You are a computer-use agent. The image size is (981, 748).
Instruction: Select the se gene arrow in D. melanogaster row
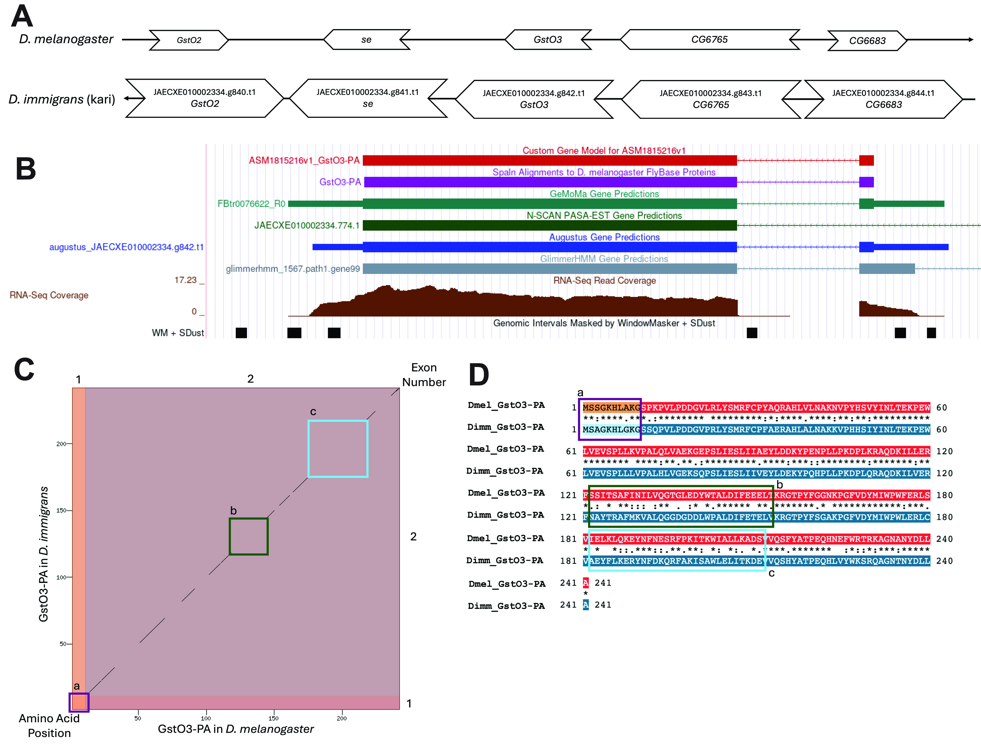[366, 40]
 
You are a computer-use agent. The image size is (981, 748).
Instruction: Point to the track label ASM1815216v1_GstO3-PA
[304, 160]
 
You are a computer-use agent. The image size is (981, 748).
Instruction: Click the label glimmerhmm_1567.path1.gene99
[293, 269]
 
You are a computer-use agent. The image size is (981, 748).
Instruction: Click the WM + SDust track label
[178, 333]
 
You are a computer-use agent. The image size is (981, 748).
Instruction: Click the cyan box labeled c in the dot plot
[338, 449]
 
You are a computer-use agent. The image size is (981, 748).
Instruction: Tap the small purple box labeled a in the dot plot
[79, 702]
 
